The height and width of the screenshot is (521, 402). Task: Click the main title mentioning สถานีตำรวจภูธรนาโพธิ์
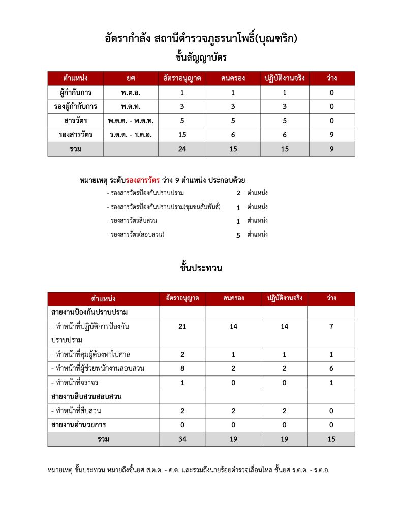coord(201,39)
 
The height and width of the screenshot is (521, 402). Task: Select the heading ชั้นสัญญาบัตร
coord(201,57)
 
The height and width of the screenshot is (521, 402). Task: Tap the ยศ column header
coord(131,78)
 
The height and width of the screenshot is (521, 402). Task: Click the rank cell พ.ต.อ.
coord(131,93)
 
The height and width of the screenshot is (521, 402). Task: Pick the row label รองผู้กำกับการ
coord(76,107)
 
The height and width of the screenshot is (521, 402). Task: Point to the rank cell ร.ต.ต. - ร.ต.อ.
coord(131,135)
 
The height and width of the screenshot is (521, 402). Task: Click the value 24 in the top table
coord(182,149)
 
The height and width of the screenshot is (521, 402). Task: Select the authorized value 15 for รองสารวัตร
coord(182,135)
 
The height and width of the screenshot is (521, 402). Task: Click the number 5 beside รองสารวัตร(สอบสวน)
coord(238,235)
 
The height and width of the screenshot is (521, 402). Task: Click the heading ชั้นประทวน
coord(201,267)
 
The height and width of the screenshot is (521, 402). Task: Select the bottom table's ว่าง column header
coord(331,298)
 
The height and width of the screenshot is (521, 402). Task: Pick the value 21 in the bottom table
coord(182,327)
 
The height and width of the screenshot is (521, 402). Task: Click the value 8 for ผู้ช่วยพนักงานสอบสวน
coord(182,368)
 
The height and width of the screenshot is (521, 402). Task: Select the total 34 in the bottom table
coord(182,439)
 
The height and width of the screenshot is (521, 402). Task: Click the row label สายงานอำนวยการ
coord(79,425)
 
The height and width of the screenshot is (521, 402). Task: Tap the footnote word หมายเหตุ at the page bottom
coord(59,470)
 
